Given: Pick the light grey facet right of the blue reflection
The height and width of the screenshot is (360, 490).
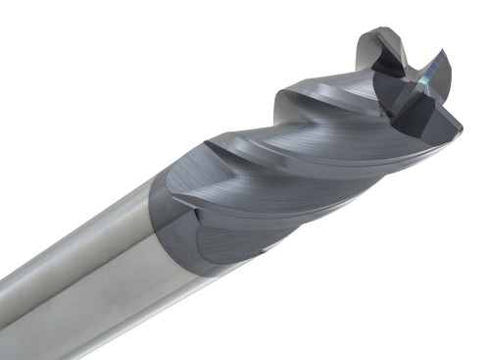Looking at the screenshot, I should pyautogui.click(x=443, y=71).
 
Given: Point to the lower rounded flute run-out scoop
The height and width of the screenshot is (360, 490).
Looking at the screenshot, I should pyautogui.click(x=220, y=245).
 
